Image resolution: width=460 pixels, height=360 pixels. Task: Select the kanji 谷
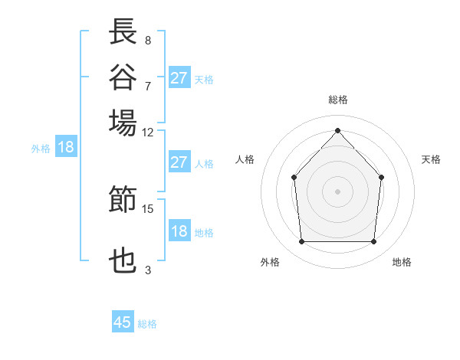click(123, 78)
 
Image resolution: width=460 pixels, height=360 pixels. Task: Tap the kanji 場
click(123, 123)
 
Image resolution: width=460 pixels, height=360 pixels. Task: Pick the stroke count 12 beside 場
click(147, 132)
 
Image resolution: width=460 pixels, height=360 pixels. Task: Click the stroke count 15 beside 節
click(147, 208)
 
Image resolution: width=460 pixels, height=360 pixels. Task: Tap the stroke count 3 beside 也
click(147, 270)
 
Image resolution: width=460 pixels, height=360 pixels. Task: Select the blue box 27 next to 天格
click(179, 78)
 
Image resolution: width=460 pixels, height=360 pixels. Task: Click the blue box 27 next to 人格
click(179, 162)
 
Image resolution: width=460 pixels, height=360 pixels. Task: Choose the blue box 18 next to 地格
click(179, 231)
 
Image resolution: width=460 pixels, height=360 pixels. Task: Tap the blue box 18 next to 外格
click(65, 148)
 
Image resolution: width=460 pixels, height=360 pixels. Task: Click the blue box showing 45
click(123, 322)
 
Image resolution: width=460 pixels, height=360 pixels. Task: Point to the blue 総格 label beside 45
click(147, 324)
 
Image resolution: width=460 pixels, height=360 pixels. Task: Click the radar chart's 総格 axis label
click(337, 100)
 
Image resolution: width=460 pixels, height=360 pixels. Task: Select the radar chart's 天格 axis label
click(431, 159)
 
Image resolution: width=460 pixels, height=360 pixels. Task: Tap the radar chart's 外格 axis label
click(270, 262)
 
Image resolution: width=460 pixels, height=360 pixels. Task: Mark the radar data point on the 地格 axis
click(374, 242)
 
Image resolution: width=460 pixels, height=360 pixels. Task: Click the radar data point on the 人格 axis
click(294, 177)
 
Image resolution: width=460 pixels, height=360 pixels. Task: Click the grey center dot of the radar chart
click(337, 191)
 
